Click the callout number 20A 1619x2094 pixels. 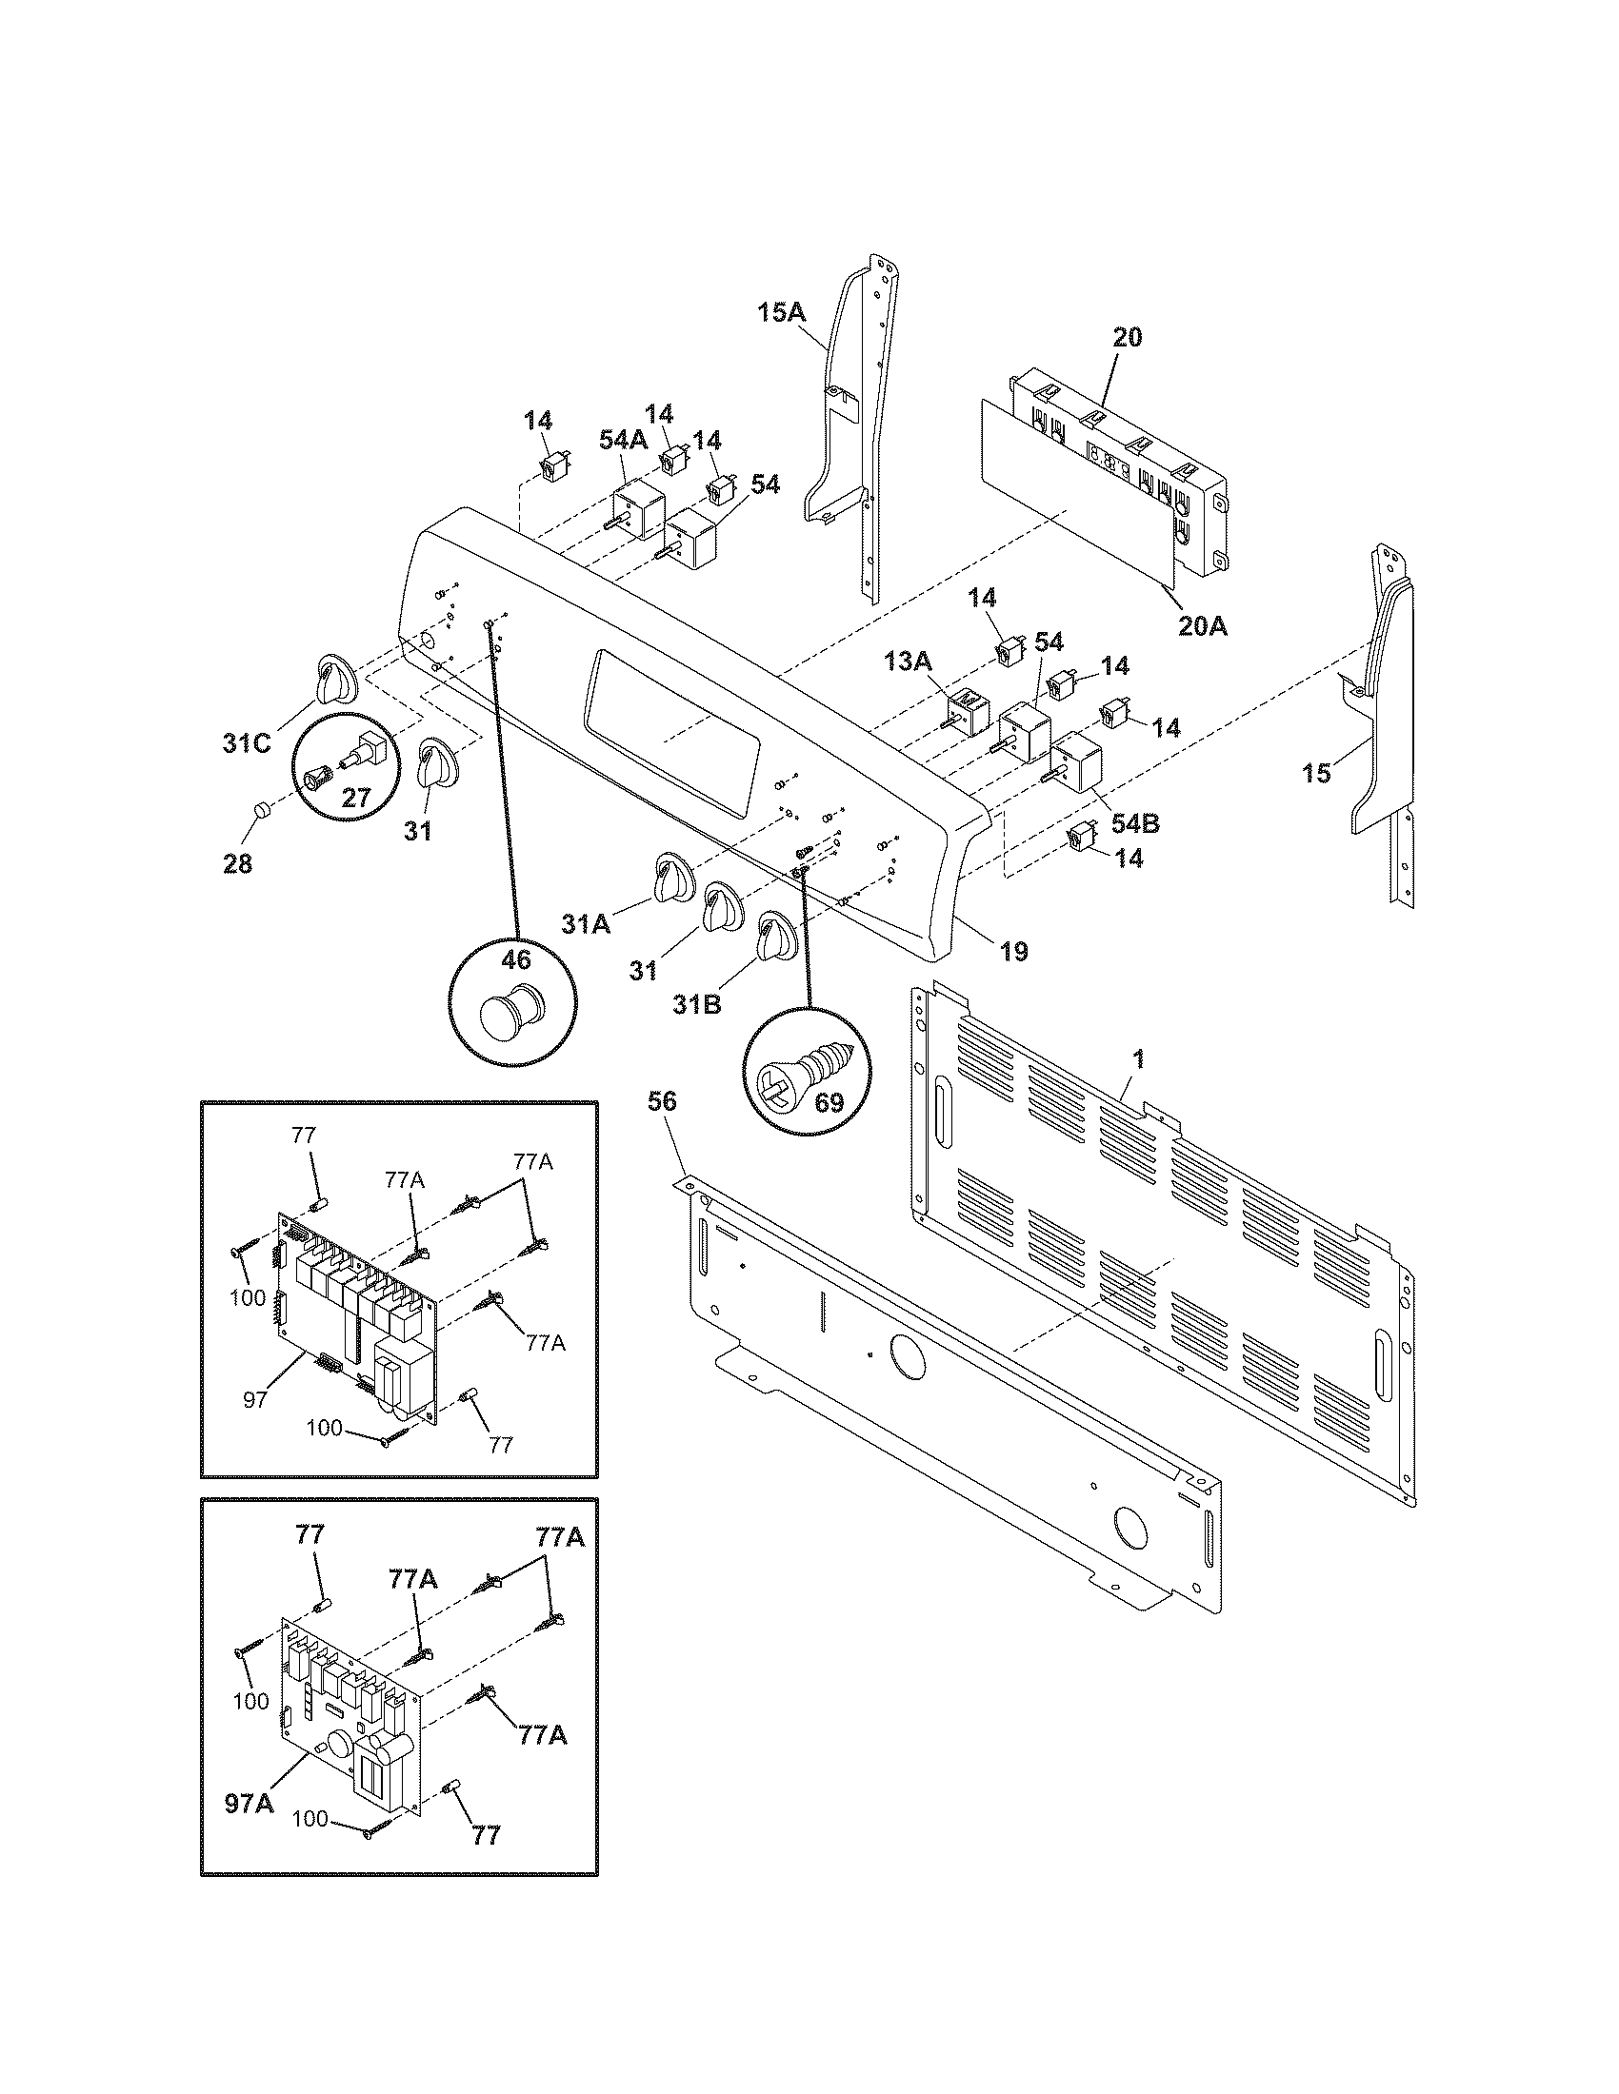point(1203,626)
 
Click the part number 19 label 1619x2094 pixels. point(1014,951)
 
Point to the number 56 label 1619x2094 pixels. point(661,1101)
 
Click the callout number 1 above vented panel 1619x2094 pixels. point(1137,1058)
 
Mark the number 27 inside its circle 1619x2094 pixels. point(356,797)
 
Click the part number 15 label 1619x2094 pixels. point(1316,772)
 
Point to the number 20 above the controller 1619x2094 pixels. point(1127,337)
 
